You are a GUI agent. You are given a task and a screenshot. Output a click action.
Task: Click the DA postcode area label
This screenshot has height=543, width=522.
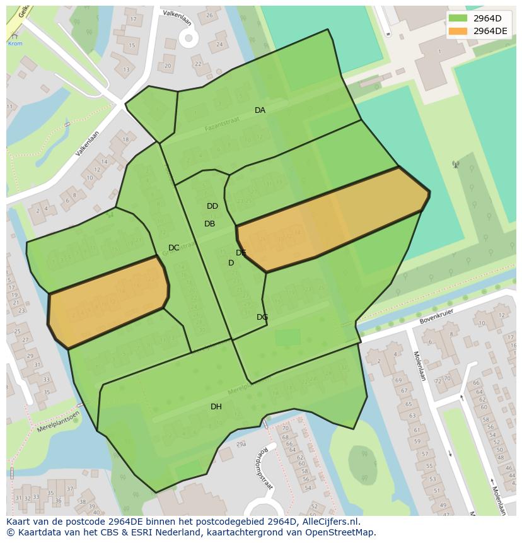click(260, 110)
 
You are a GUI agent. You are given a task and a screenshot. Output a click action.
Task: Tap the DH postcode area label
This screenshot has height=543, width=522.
click(216, 407)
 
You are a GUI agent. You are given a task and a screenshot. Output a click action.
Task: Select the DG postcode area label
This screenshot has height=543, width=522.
click(262, 317)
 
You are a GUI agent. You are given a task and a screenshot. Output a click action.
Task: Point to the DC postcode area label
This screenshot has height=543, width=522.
click(174, 248)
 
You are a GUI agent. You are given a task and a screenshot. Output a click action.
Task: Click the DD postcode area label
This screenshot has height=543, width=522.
click(212, 206)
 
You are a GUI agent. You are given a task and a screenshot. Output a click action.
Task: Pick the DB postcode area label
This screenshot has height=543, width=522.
click(210, 224)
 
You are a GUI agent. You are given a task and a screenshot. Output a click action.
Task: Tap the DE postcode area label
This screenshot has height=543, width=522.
click(241, 253)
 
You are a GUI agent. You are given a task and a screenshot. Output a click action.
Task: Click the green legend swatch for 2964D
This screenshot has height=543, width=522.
click(458, 18)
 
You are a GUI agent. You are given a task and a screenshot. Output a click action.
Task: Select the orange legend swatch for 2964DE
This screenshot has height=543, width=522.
click(458, 31)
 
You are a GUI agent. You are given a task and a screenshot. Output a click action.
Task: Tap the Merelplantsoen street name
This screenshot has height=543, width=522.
click(58, 421)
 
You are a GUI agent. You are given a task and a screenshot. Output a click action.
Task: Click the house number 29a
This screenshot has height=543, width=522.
click(240, 444)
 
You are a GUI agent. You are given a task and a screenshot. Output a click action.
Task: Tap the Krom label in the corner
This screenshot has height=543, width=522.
click(14, 44)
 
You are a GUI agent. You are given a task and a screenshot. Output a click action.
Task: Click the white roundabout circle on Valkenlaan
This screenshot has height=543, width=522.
click(188, 38)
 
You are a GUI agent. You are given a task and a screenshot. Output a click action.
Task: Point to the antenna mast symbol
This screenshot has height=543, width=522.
click(455, 165)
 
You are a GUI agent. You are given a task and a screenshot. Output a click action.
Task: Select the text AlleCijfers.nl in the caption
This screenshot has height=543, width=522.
click(328, 522)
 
